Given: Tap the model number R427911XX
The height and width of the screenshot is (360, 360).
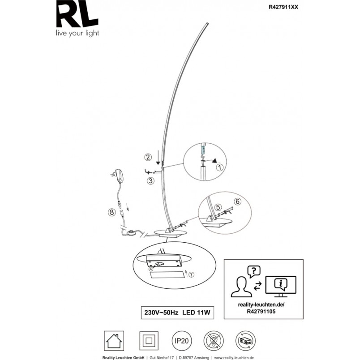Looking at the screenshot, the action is (283, 7).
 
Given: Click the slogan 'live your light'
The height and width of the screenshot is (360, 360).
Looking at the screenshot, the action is (77, 34).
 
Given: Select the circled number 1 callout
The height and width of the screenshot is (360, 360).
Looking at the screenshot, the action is (220, 167).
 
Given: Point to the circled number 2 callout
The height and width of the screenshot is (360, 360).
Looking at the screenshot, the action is (148, 157).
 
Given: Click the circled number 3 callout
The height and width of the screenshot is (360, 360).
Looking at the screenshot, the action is (150, 181).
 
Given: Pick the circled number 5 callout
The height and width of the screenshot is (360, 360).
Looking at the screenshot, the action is (218, 207).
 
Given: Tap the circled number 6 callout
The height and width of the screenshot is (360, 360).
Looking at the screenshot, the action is (237, 201).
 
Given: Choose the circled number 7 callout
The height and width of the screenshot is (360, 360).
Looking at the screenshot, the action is (191, 274).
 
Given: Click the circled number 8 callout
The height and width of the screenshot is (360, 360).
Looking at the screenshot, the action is (112, 212).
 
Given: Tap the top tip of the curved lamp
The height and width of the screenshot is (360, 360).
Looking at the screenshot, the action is (208, 23).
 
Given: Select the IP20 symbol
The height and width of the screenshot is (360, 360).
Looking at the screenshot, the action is (182, 341).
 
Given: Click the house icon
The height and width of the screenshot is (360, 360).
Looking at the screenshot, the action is (114, 341).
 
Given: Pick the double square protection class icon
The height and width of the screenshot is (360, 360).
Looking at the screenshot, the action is (149, 341).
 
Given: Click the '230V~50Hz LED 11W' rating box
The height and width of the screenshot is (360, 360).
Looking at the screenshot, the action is (177, 313).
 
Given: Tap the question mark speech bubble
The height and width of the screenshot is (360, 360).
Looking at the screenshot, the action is (254, 272).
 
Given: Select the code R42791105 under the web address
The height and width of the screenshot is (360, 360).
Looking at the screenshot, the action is (261, 312).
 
